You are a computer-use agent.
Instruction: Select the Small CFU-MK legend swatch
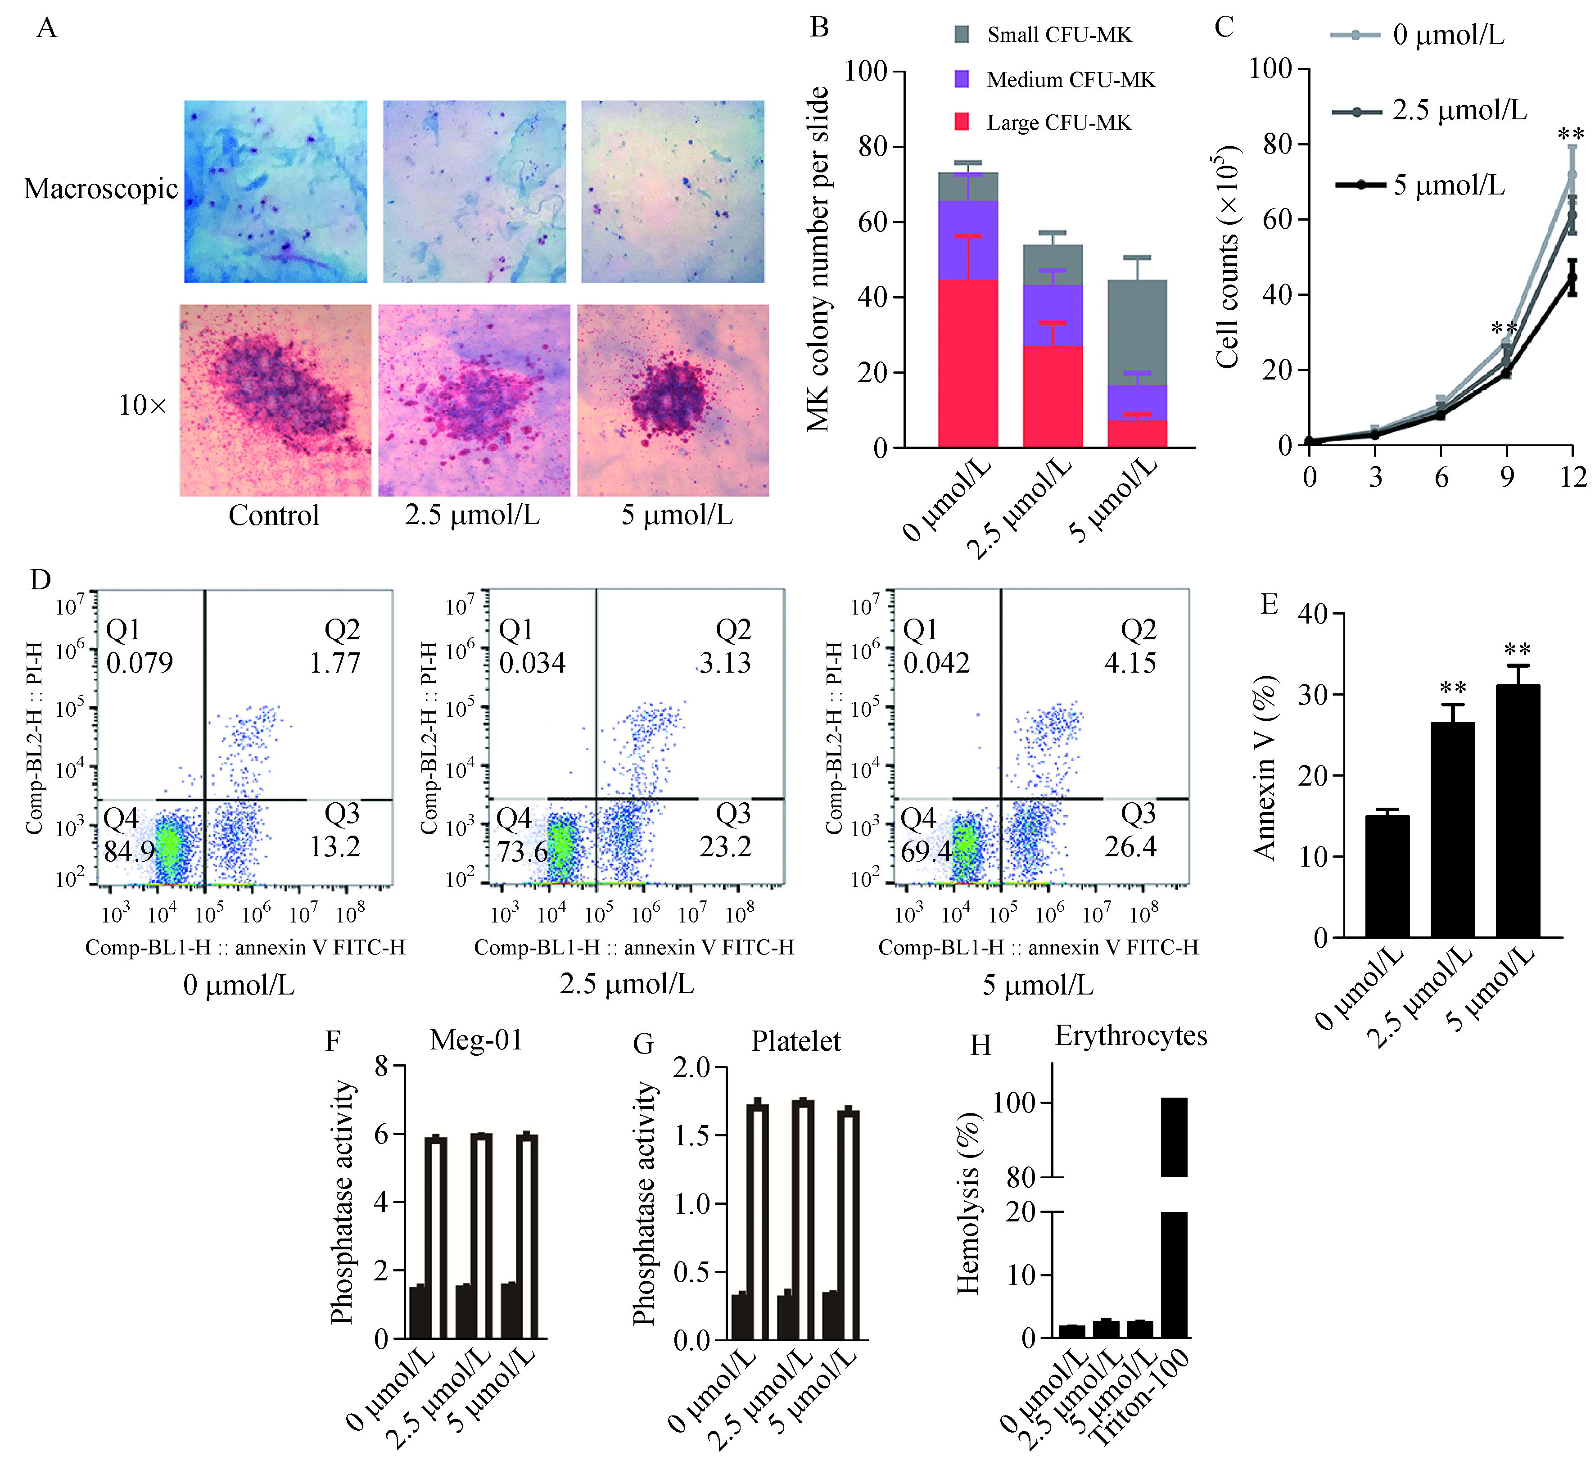coord(962,34)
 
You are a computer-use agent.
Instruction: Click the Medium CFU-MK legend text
coord(1070,80)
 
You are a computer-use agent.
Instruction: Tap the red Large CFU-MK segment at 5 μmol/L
coord(1136,433)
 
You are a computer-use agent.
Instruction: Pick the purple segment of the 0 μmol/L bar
coord(967,239)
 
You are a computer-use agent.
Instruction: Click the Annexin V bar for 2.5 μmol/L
coord(1452,830)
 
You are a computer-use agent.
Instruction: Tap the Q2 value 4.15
coord(1130,663)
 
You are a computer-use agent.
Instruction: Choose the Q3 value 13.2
coord(335,846)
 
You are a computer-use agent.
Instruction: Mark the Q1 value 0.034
coord(532,663)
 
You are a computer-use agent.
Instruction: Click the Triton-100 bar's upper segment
coord(1174,1137)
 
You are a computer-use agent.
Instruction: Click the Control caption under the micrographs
coord(274,515)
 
